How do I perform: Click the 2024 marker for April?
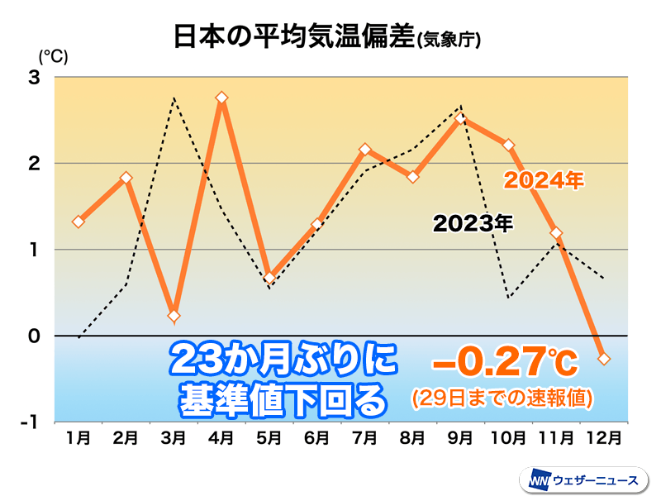coord(221,98)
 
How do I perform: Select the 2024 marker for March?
coord(174,316)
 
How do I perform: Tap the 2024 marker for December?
coord(604,359)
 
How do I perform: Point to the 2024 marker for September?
coord(461,120)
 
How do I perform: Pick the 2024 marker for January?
coord(78,222)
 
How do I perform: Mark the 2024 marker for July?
coord(365,150)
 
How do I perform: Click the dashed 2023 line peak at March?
coord(174,98)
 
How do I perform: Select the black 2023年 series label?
coord(473,222)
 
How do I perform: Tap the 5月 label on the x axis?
coord(269,436)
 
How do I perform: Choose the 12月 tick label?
coord(604,436)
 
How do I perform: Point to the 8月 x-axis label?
coord(413,436)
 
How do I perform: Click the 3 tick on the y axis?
coord(36,78)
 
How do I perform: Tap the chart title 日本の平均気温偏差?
coord(292,38)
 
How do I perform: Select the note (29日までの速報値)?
coord(502,398)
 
